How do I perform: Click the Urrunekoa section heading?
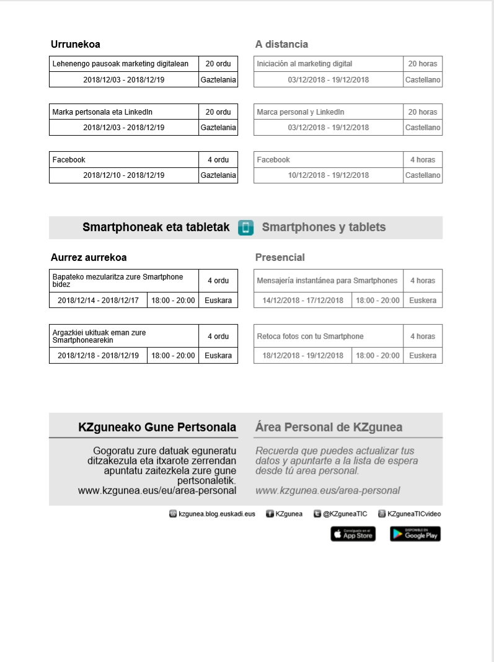(76, 45)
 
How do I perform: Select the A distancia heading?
(281, 45)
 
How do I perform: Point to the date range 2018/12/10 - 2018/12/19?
(124, 175)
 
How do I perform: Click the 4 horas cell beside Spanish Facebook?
(423, 160)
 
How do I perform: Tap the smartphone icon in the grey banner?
(245, 227)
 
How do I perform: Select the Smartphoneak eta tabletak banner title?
(156, 227)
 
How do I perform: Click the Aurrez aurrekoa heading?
(89, 257)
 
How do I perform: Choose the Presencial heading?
(280, 257)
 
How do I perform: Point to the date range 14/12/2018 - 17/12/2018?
(303, 301)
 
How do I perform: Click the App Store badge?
(353, 534)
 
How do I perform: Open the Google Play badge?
(415, 534)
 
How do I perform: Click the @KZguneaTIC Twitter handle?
(345, 514)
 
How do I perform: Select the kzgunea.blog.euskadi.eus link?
(216, 514)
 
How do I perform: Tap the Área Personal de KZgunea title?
(329, 427)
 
